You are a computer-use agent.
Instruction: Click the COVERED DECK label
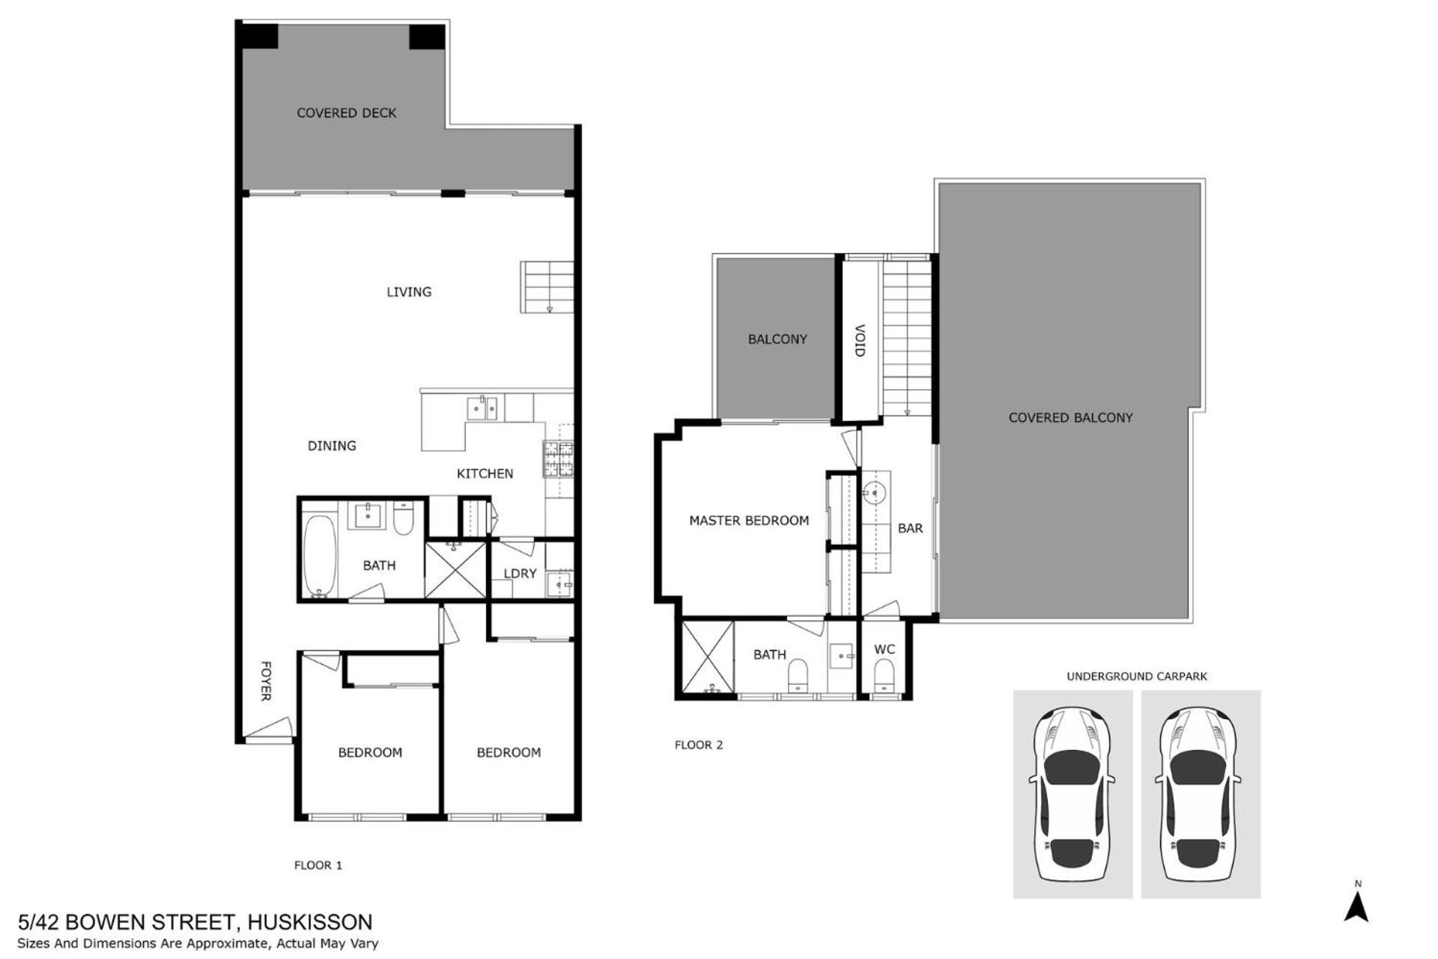point(346,113)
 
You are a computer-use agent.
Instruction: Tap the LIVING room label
point(409,292)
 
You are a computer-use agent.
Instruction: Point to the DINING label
point(332,446)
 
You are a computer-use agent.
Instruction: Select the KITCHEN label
point(485,474)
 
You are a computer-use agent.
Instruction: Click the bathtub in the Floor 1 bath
point(320,555)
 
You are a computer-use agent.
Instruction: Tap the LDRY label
point(520,574)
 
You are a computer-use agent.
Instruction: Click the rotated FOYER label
point(265,681)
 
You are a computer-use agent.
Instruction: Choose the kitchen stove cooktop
point(558,459)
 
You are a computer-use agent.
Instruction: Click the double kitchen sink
point(482,408)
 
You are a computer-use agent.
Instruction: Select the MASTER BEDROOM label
point(749,521)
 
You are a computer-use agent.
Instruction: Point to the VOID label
point(860,341)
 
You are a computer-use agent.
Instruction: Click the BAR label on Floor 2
point(910,528)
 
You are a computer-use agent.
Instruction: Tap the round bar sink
point(874,492)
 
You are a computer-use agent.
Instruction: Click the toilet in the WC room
point(885,676)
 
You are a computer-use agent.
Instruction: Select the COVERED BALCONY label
point(1070,418)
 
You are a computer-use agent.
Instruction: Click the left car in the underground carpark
point(1073,794)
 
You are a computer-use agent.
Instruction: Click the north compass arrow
point(1356,907)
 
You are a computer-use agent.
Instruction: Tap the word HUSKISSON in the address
point(309,922)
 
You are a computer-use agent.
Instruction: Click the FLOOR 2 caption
point(699,745)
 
